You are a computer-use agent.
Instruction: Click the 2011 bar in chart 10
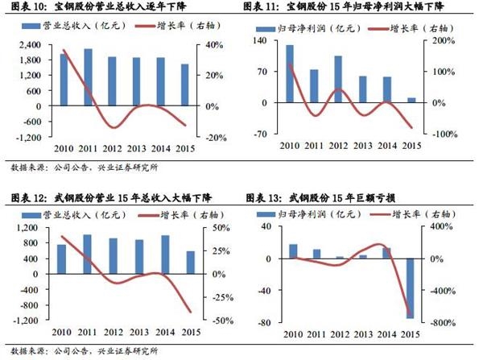point(88,77)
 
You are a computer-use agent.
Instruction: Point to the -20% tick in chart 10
point(214,137)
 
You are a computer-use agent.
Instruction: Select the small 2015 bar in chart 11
point(412,101)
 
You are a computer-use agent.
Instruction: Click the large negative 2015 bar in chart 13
point(411,288)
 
